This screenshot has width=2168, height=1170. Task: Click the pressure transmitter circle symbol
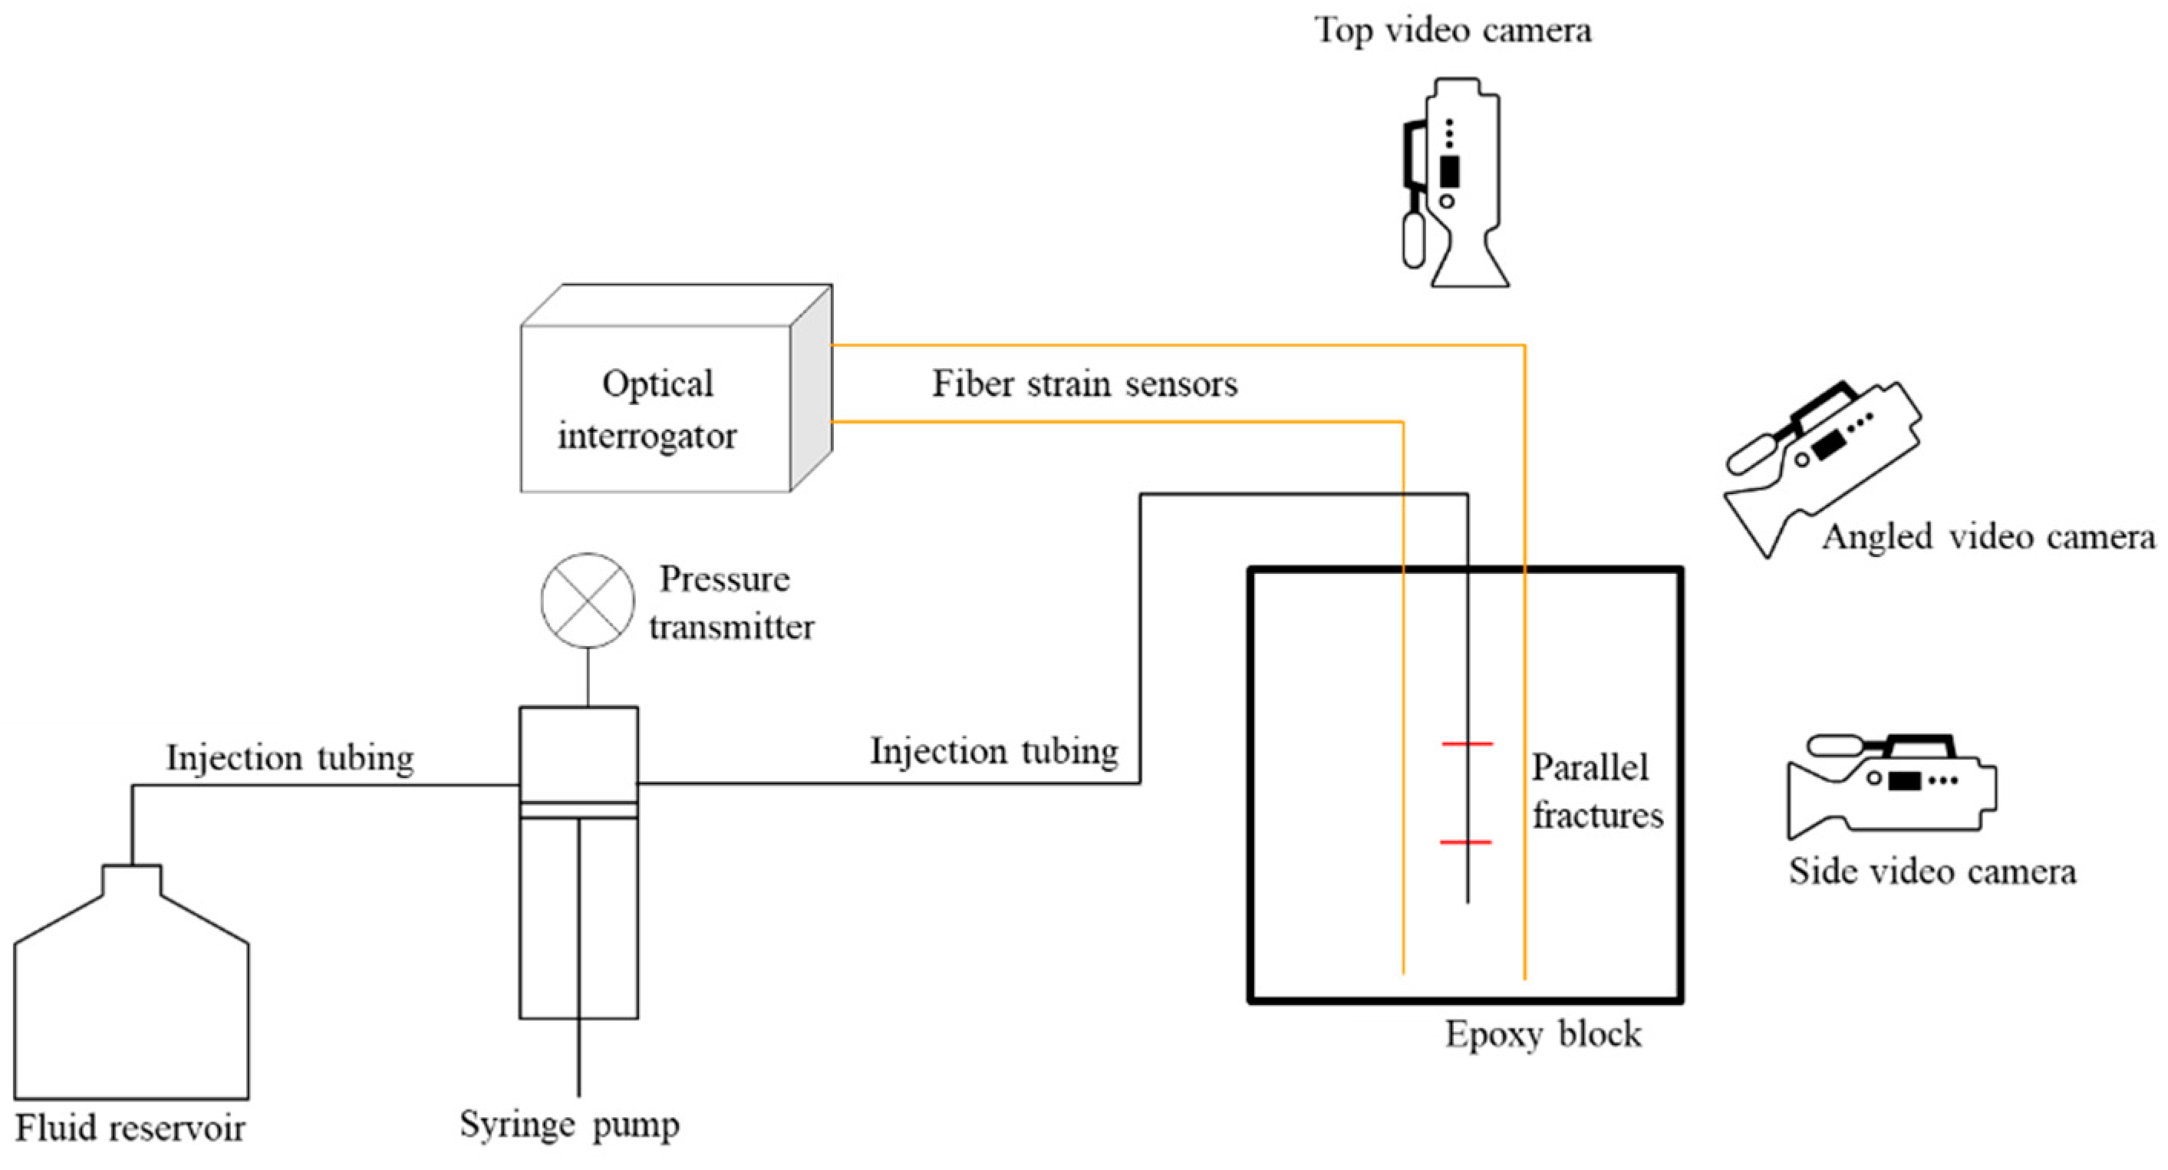coord(588,600)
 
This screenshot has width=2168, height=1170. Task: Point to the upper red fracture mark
coord(1467,744)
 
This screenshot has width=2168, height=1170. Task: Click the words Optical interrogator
coord(648,410)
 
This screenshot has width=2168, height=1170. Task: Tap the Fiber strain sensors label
coord(1085,384)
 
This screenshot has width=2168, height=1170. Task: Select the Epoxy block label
coord(1543,1034)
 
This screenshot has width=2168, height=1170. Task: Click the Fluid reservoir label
coord(130,1128)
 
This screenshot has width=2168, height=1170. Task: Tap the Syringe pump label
coord(570,1125)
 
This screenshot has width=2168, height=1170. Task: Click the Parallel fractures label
coord(1596,791)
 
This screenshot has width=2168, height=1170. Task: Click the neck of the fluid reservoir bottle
coord(131,879)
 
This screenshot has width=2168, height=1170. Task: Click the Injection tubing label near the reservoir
coord(290,757)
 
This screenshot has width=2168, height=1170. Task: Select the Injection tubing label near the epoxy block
coord(994,751)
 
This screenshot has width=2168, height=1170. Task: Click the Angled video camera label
coord(1988,536)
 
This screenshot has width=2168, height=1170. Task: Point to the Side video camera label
coord(1932,872)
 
